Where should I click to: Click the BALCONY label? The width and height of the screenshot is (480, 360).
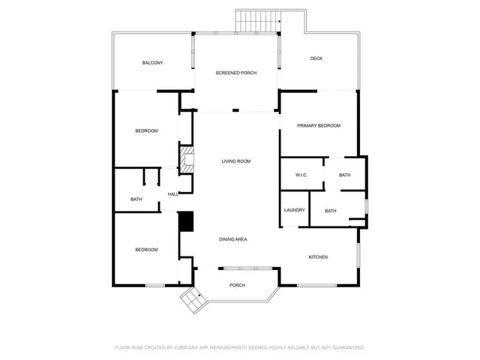tap(153, 63)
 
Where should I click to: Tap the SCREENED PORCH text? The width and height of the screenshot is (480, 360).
tap(236, 73)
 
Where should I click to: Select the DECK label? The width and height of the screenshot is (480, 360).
tap(316, 59)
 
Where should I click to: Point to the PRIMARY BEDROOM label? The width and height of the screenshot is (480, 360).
tap(319, 126)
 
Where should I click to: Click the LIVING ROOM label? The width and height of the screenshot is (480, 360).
tap(235, 161)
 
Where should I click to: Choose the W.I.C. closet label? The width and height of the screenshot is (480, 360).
tap(302, 175)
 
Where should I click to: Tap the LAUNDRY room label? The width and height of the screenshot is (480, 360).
tap(295, 211)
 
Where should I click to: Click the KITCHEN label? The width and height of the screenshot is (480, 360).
tap(318, 257)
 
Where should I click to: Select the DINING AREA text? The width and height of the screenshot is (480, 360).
tap(233, 239)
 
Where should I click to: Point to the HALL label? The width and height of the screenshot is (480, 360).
tap(172, 194)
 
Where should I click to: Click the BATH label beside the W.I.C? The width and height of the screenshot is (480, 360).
tap(344, 175)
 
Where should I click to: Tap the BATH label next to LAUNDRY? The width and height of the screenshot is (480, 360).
tap(331, 211)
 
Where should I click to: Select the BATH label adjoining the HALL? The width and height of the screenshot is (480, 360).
tap(136, 199)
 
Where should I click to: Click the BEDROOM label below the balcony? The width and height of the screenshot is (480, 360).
tap(146, 131)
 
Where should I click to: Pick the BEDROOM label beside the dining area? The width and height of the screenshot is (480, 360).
tap(146, 250)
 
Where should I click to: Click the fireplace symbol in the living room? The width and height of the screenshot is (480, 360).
tap(185, 159)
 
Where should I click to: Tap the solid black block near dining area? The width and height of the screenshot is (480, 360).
tap(185, 221)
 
